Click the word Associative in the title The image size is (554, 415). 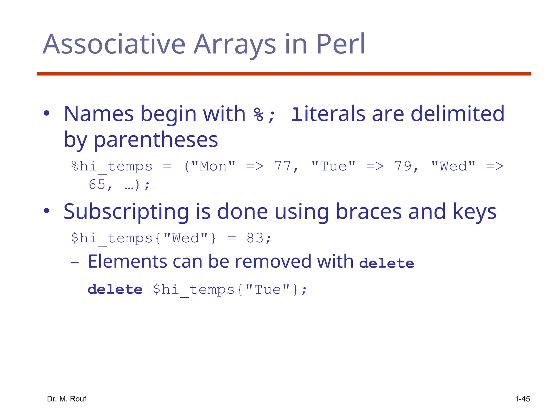tap(114, 45)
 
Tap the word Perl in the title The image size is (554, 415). tap(340, 45)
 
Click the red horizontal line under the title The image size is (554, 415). tap(283, 74)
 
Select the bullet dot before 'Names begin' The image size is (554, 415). tap(47, 113)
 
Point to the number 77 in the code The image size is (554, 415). tap(283, 166)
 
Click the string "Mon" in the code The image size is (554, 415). tap(213, 166)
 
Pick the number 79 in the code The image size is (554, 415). tap(403, 166)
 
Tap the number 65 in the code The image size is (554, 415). tap(97, 185)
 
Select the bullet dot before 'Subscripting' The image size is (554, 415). tap(47, 211)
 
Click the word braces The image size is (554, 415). tap(368, 212)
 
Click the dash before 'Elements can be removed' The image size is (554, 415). tap(75, 262)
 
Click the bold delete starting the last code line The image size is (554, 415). tap(115, 290)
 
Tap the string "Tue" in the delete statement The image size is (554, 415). tap(268, 290)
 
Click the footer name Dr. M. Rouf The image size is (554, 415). tap(67, 399)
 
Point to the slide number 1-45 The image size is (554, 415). tap(522, 399)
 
